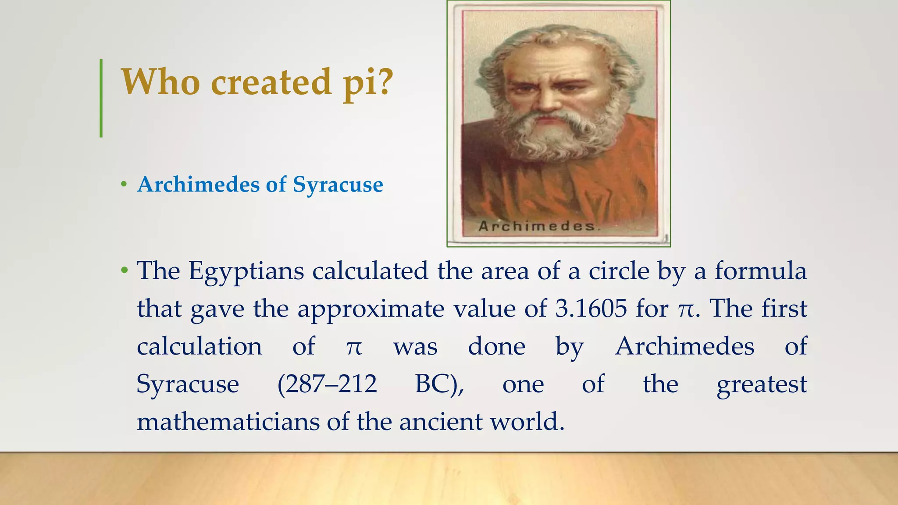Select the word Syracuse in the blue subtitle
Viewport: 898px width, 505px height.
tap(338, 185)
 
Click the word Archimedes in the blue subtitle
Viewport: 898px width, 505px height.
tap(198, 184)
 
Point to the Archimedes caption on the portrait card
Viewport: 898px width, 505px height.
tap(538, 226)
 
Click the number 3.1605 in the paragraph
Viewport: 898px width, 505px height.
tap(591, 309)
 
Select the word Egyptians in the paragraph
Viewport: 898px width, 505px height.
tap(246, 271)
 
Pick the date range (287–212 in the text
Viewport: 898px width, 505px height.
tap(327, 384)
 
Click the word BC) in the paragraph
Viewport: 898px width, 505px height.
tap(439, 384)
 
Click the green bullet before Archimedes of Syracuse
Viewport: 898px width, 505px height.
tap(124, 185)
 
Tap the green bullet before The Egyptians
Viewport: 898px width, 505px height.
tap(125, 270)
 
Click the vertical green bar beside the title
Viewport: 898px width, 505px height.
tap(101, 98)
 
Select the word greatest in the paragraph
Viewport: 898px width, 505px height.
tap(761, 384)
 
